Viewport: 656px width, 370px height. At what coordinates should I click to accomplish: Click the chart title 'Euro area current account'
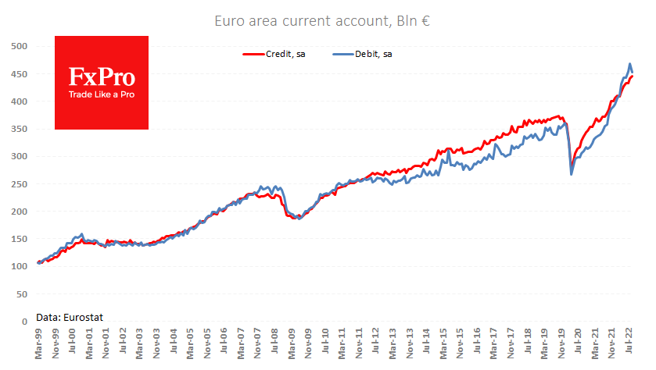click(301, 21)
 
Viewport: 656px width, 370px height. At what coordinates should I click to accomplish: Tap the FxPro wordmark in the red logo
click(102, 76)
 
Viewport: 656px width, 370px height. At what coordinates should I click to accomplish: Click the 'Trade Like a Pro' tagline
click(102, 94)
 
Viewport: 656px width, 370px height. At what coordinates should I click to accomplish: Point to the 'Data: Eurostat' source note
click(70, 317)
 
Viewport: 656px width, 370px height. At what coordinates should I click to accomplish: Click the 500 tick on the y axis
click(20, 47)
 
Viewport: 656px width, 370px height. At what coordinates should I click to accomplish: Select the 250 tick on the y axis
click(20, 184)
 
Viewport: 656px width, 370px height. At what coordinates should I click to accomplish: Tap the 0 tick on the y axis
click(24, 321)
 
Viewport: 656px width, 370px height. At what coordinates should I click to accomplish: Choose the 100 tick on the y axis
click(20, 266)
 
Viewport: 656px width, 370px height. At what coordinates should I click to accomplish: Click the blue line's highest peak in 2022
click(630, 64)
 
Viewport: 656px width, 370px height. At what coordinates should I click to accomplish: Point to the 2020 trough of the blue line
click(572, 174)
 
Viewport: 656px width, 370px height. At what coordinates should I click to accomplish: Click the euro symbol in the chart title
click(426, 21)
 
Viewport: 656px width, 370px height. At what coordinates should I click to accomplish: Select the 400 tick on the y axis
click(20, 101)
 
